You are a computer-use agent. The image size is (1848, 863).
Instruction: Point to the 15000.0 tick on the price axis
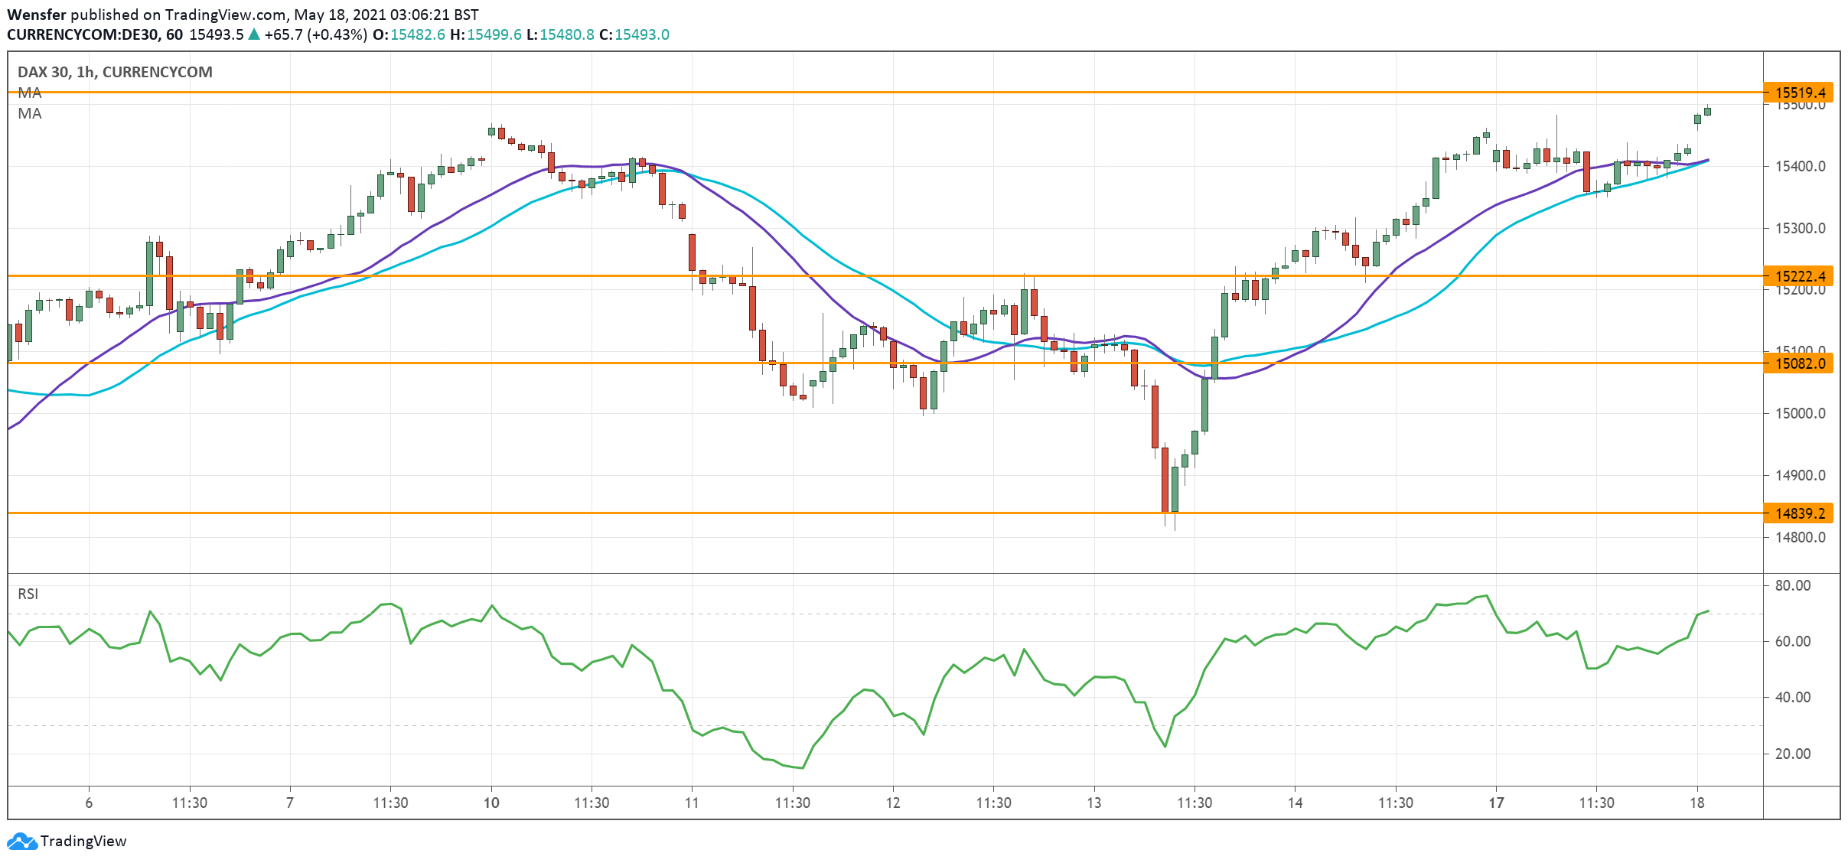(x=1800, y=414)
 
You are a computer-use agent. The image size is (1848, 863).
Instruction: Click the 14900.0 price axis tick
(x=1800, y=476)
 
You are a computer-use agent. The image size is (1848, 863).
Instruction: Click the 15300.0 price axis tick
(x=1800, y=228)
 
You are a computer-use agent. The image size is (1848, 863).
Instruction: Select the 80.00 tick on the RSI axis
(x=1792, y=586)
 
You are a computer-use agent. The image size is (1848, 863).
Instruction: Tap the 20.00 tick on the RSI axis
(x=1792, y=754)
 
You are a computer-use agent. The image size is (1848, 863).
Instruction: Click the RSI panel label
(x=28, y=594)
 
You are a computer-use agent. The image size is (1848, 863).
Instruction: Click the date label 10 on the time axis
(x=491, y=803)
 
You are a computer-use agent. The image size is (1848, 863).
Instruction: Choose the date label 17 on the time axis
(x=1496, y=803)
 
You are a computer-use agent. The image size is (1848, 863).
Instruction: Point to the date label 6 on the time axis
(x=89, y=803)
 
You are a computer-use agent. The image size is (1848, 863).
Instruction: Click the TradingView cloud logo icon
(x=21, y=842)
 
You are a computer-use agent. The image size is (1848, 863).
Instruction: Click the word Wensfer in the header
(x=37, y=15)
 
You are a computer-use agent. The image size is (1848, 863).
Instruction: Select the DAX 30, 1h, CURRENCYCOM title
(x=115, y=72)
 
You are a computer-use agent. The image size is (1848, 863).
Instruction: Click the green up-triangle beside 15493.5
(x=254, y=34)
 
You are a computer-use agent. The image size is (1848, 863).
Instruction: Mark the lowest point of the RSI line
(x=802, y=767)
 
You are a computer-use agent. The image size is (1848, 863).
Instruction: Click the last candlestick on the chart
(x=1707, y=112)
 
